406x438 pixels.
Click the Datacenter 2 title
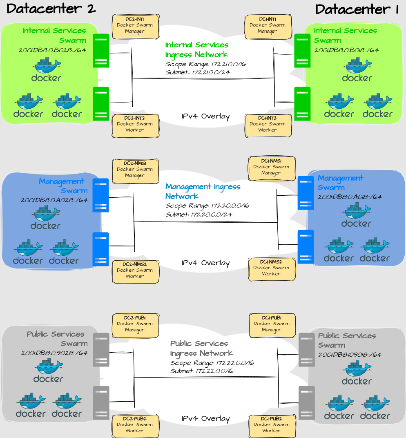pyautogui.click(x=51, y=9)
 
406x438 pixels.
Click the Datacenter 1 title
pyautogui.click(x=357, y=9)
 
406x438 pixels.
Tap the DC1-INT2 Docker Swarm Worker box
pyautogui.click(x=268, y=126)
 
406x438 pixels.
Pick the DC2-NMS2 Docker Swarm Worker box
pyautogui.click(x=135, y=272)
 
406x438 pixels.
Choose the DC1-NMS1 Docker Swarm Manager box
pyautogui.click(x=272, y=168)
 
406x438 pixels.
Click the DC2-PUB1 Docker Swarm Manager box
pyautogui.click(x=135, y=326)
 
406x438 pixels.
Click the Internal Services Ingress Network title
pyautogui.click(x=197, y=50)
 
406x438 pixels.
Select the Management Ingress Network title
pyautogui.click(x=203, y=191)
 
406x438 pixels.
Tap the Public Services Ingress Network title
pyautogui.click(x=201, y=348)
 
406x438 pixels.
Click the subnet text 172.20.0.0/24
pyautogui.click(x=199, y=215)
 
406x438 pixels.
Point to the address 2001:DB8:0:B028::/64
pyautogui.click(x=52, y=51)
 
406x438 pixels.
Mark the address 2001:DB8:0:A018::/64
pyautogui.click(x=350, y=197)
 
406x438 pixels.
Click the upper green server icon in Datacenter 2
pyautogui.click(x=101, y=51)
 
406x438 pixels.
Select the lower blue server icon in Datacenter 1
pyautogui.click(x=306, y=247)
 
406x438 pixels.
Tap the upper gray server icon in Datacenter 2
pyautogui.click(x=101, y=350)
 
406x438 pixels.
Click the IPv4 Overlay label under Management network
pyautogui.click(x=205, y=263)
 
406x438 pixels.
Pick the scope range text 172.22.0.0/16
pyautogui.click(x=212, y=363)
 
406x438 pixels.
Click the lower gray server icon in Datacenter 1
pyautogui.click(x=306, y=403)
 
